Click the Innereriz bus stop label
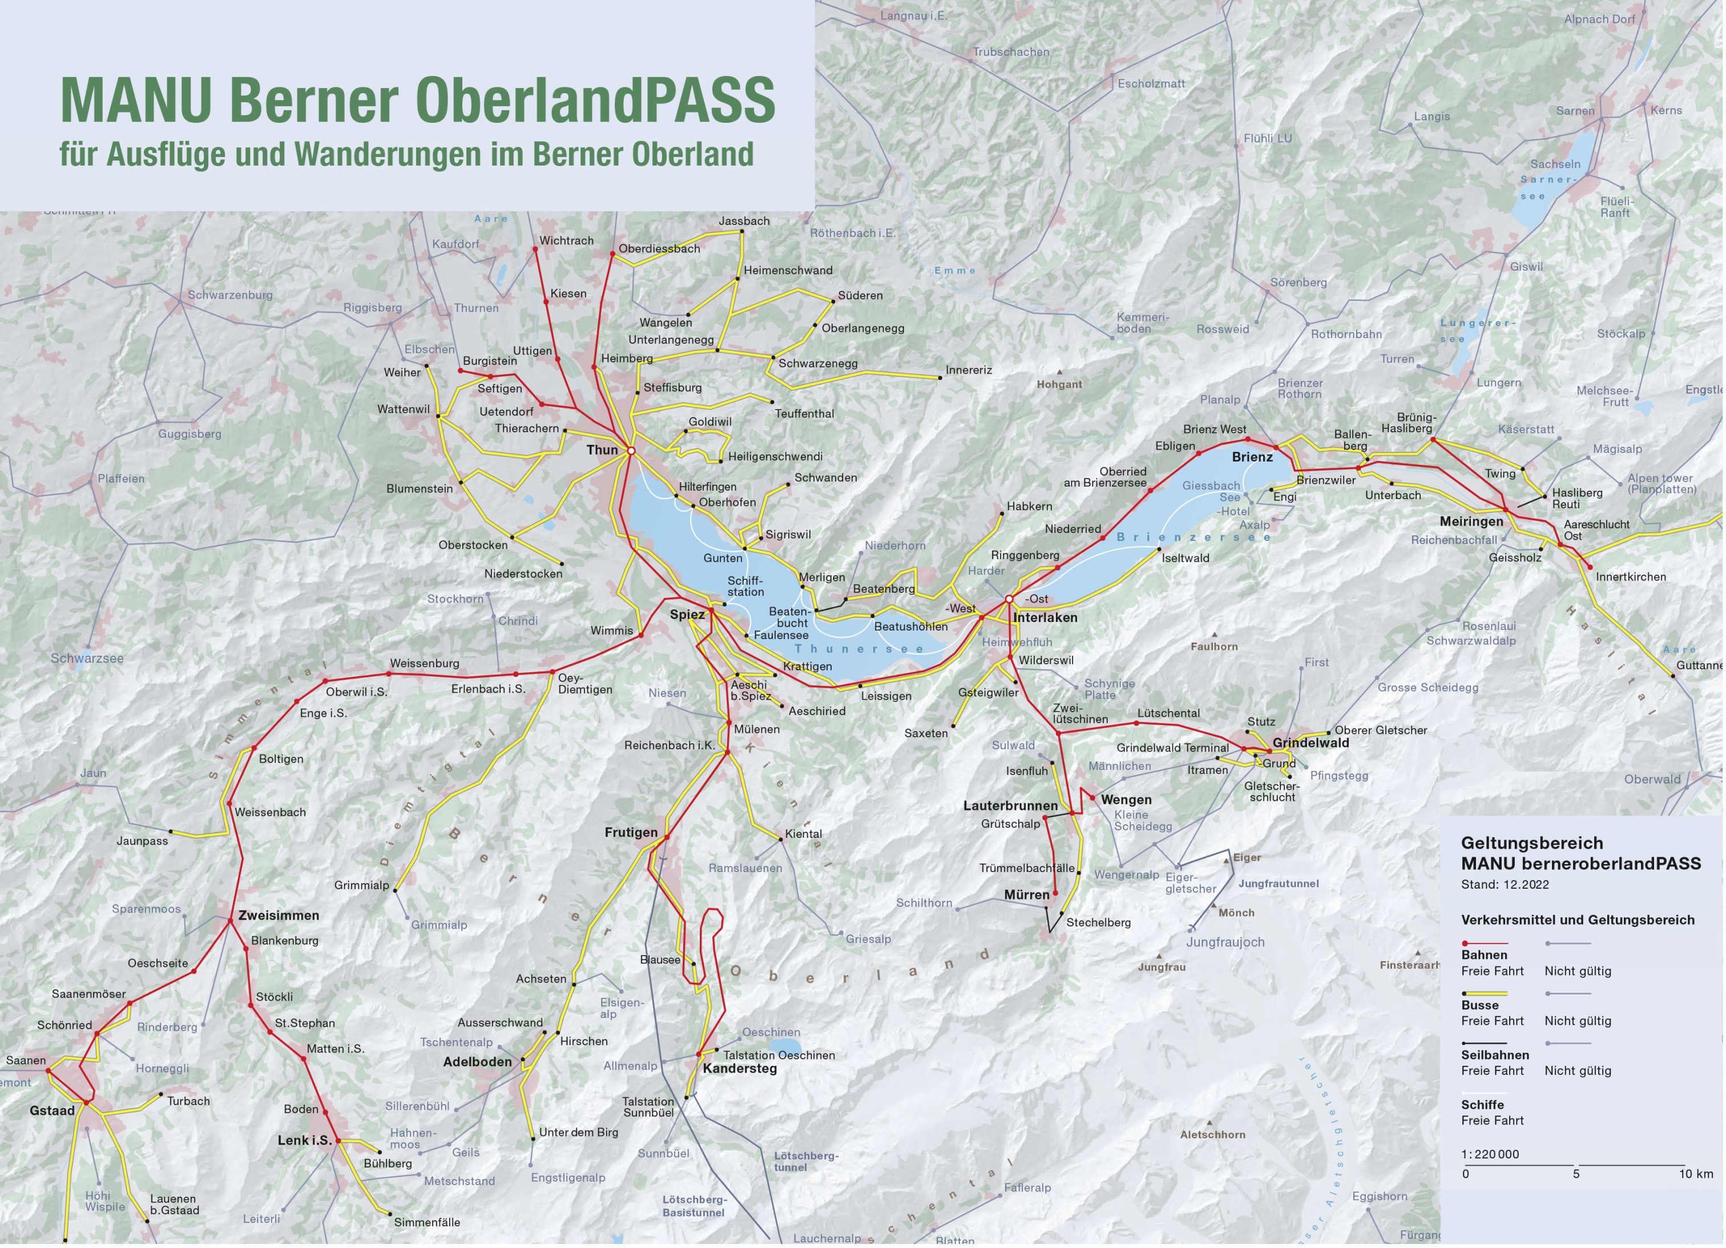[969, 370]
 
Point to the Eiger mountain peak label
[1247, 857]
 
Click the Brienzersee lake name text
[1193, 537]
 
